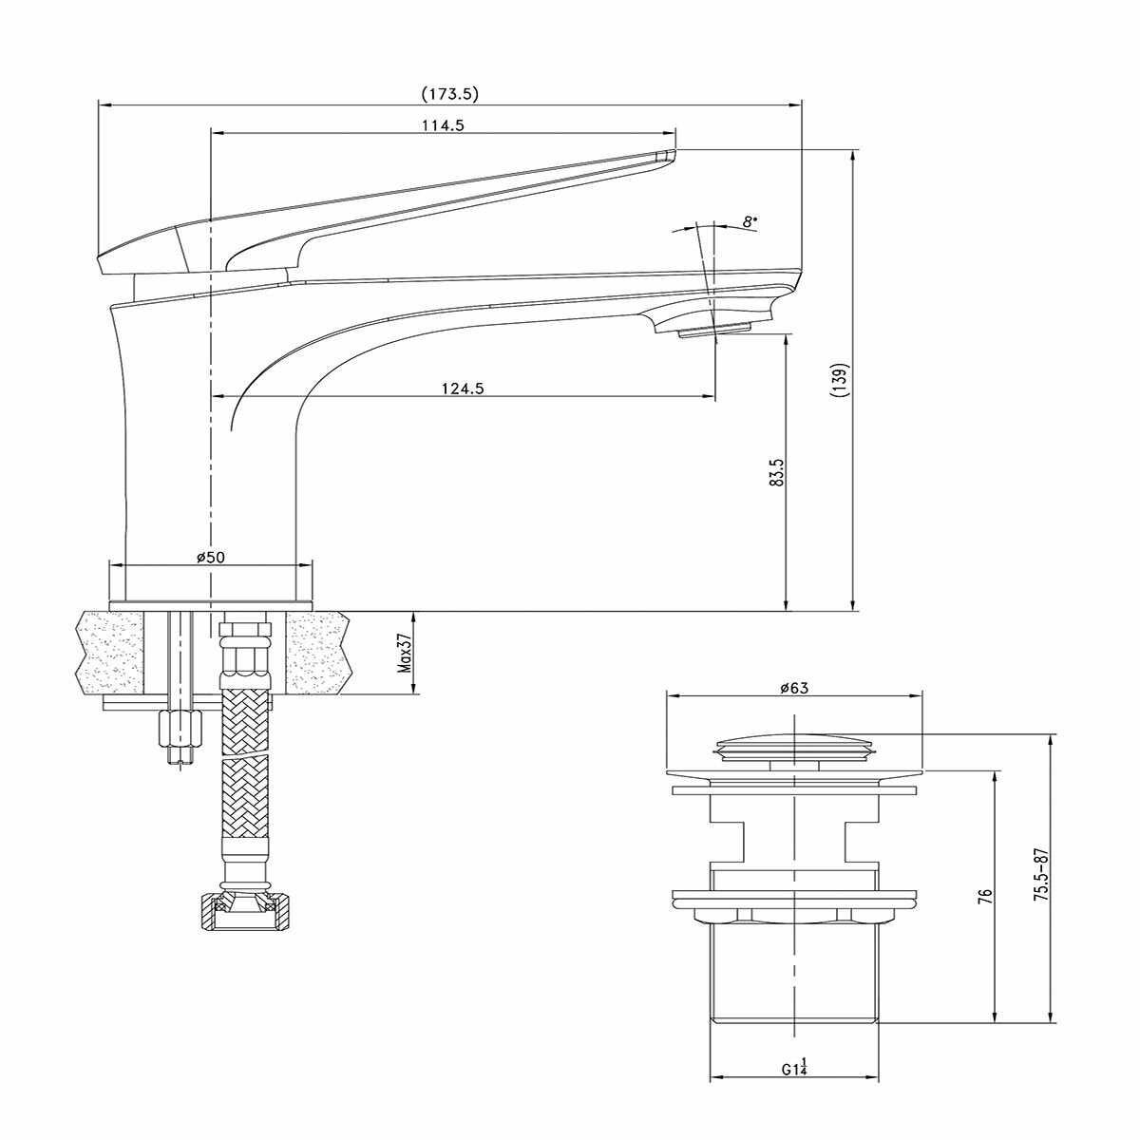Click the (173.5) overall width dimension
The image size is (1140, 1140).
tap(449, 94)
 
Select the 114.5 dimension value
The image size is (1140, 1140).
tap(443, 125)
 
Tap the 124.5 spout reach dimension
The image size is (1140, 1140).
tap(463, 389)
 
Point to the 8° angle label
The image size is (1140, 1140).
tap(750, 222)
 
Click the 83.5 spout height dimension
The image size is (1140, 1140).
tap(778, 472)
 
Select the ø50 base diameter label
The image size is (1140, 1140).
tap(211, 557)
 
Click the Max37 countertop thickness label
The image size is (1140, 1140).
tap(405, 652)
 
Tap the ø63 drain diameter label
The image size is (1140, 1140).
tap(794, 688)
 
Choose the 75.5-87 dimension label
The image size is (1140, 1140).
tap(1040, 875)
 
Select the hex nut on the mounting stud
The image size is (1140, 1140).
tap(180, 730)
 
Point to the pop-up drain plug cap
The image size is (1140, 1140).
tap(794, 748)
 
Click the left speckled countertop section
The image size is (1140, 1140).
tap(110, 652)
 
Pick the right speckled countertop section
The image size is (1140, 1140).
tap(317, 652)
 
